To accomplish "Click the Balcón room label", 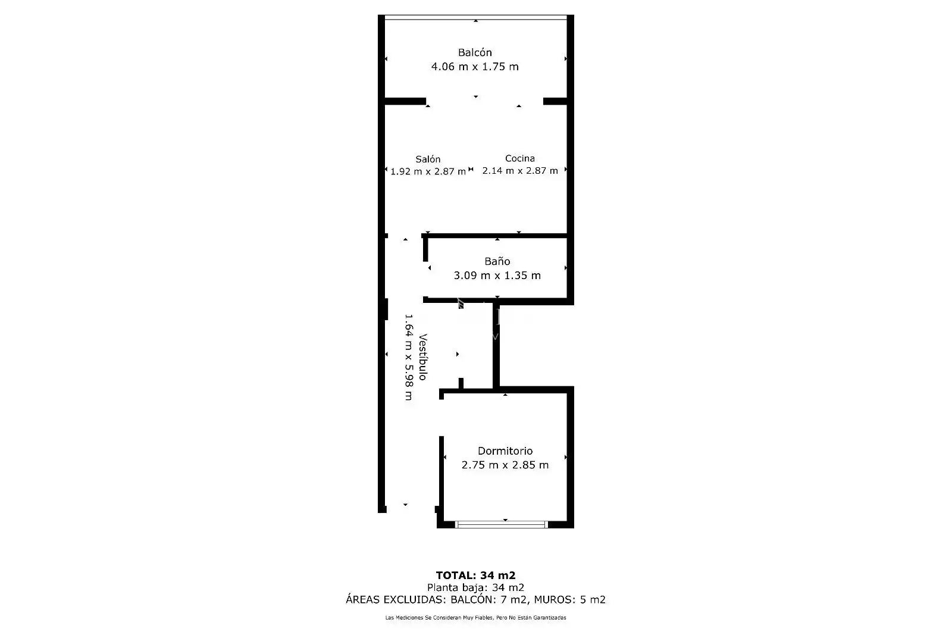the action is pyautogui.click(x=475, y=52).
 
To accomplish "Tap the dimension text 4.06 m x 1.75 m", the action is pyautogui.click(x=475, y=66).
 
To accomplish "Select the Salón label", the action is pyautogui.click(x=428, y=159).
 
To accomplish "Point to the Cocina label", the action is pyautogui.click(x=520, y=158).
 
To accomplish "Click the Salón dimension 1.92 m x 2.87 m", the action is pyautogui.click(x=428, y=171).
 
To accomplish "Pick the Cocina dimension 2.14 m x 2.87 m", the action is pyautogui.click(x=520, y=170).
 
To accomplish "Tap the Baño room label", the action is pyautogui.click(x=497, y=261).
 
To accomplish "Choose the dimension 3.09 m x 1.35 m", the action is pyautogui.click(x=497, y=276).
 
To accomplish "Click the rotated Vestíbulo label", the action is pyautogui.click(x=422, y=357).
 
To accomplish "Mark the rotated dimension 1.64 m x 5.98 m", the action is pyautogui.click(x=408, y=357).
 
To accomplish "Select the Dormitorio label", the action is pyautogui.click(x=505, y=451).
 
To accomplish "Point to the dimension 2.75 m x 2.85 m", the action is pyautogui.click(x=505, y=465).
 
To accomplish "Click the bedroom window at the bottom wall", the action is pyautogui.click(x=502, y=524).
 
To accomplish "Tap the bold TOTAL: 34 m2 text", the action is pyautogui.click(x=475, y=575).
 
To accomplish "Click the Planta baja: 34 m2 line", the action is pyautogui.click(x=475, y=587).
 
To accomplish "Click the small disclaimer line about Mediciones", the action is pyautogui.click(x=475, y=618).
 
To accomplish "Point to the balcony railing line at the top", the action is pyautogui.click(x=475, y=17).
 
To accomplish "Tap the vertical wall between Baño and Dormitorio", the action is pyautogui.click(x=496, y=345).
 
